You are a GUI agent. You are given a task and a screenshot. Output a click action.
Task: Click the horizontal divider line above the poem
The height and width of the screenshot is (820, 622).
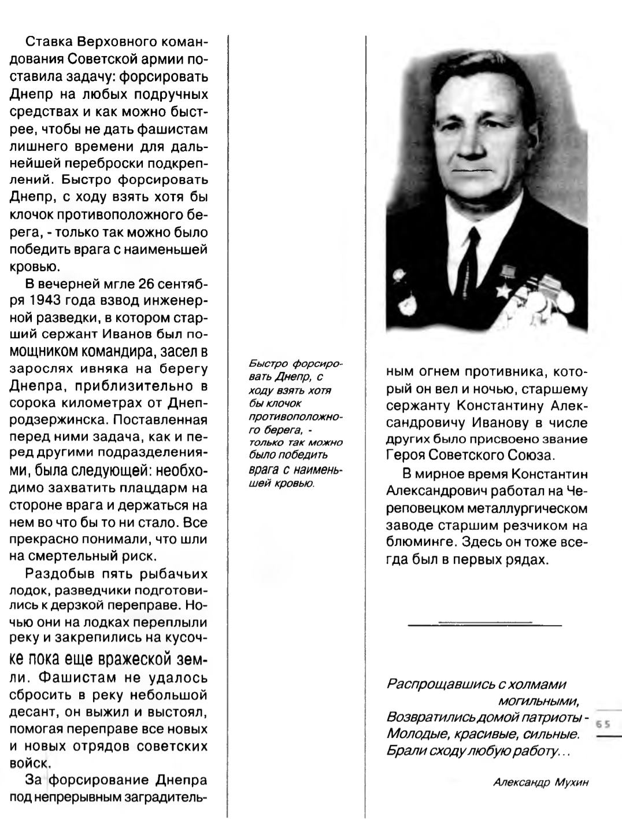[x=484, y=625]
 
